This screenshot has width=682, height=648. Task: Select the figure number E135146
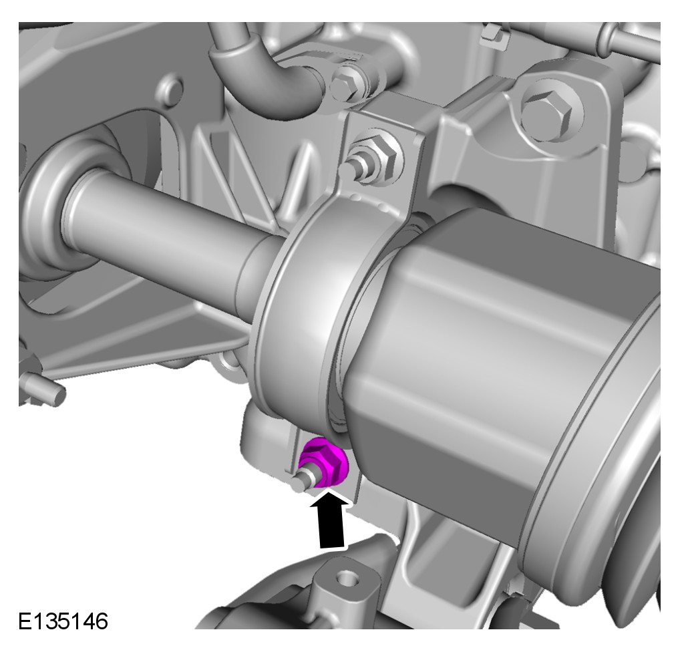[63, 621]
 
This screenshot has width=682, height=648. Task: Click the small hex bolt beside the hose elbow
[347, 86]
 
